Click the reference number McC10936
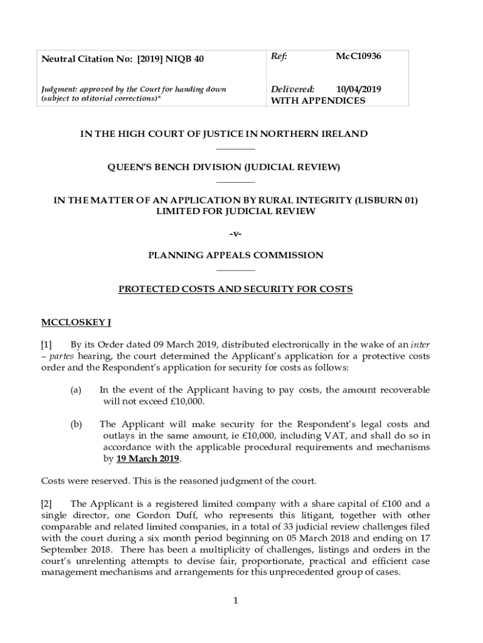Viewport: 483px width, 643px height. [x=358, y=57]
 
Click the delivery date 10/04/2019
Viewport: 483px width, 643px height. [x=358, y=89]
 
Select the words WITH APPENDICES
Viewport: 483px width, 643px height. [x=317, y=100]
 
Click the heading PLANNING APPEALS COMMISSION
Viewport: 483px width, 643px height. [x=235, y=256]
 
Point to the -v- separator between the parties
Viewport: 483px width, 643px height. [x=235, y=234]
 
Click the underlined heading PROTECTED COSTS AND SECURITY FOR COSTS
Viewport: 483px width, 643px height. [x=235, y=289]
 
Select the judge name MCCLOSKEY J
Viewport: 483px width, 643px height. [x=76, y=323]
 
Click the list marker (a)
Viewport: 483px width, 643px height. [x=76, y=390]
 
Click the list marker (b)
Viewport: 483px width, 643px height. [x=76, y=424]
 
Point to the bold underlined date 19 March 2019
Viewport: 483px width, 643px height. [x=148, y=459]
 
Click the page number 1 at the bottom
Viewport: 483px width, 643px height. [x=235, y=601]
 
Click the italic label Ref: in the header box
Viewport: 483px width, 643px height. [x=279, y=57]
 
